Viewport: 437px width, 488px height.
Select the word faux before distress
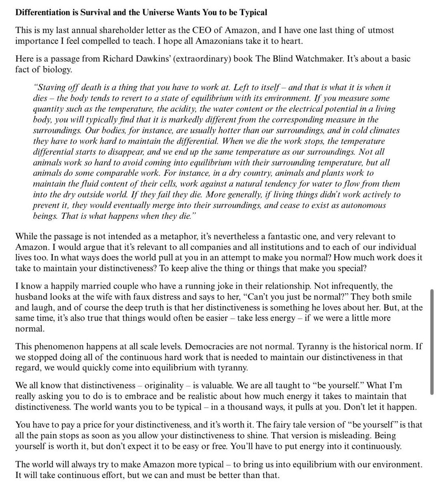coord(131,297)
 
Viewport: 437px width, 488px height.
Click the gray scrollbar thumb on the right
coord(432,342)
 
